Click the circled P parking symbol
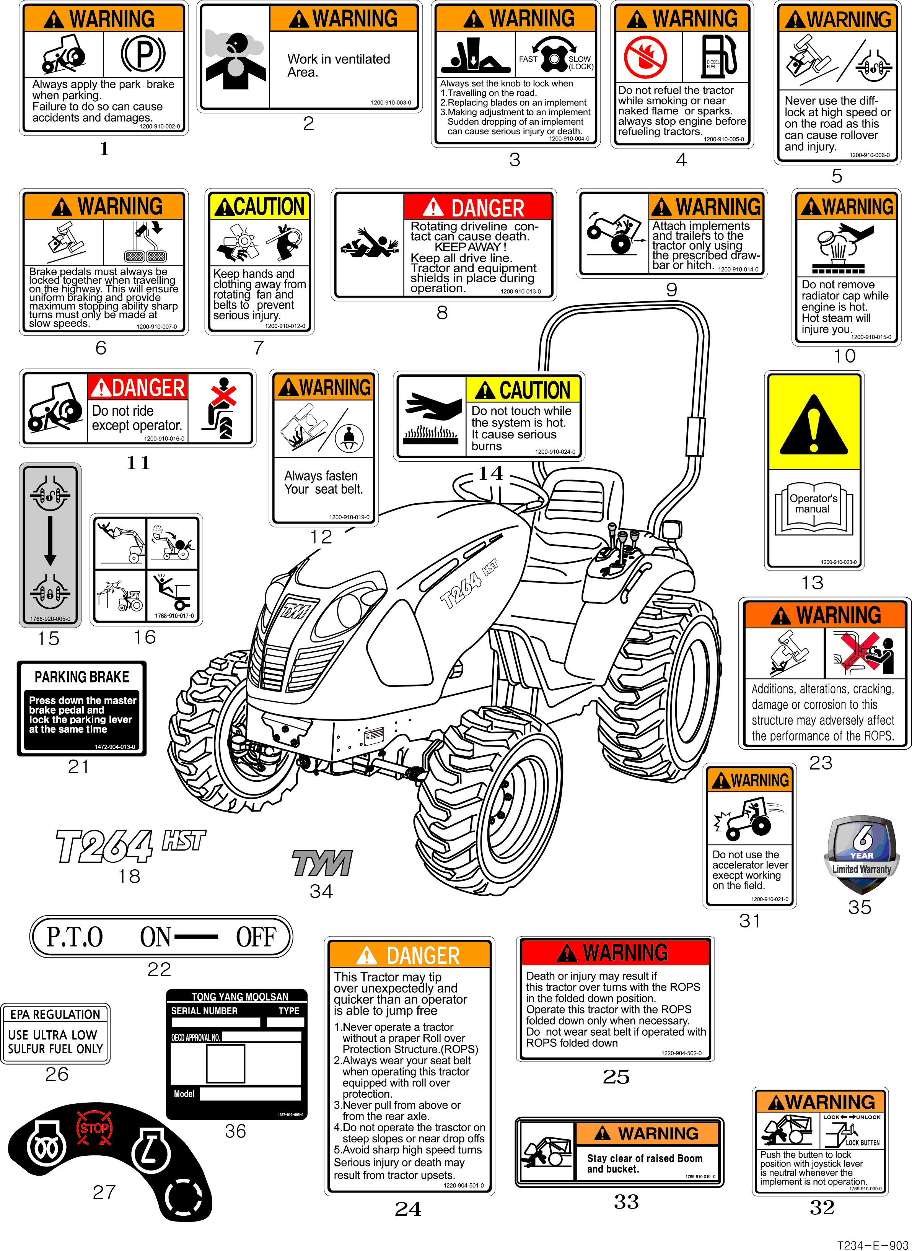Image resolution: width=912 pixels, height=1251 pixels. tap(143, 54)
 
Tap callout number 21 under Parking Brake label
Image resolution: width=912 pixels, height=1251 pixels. tap(78, 766)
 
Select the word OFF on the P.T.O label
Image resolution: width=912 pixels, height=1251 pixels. tap(256, 937)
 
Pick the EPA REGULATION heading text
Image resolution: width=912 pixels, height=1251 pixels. tap(55, 1014)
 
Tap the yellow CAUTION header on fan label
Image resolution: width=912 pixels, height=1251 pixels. tap(259, 207)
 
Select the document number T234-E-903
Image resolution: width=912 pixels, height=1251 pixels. tap(872, 1245)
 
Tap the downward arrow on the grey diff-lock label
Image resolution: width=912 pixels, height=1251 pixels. tap(50, 541)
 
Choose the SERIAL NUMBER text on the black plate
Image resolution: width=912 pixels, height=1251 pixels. tap(204, 1011)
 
